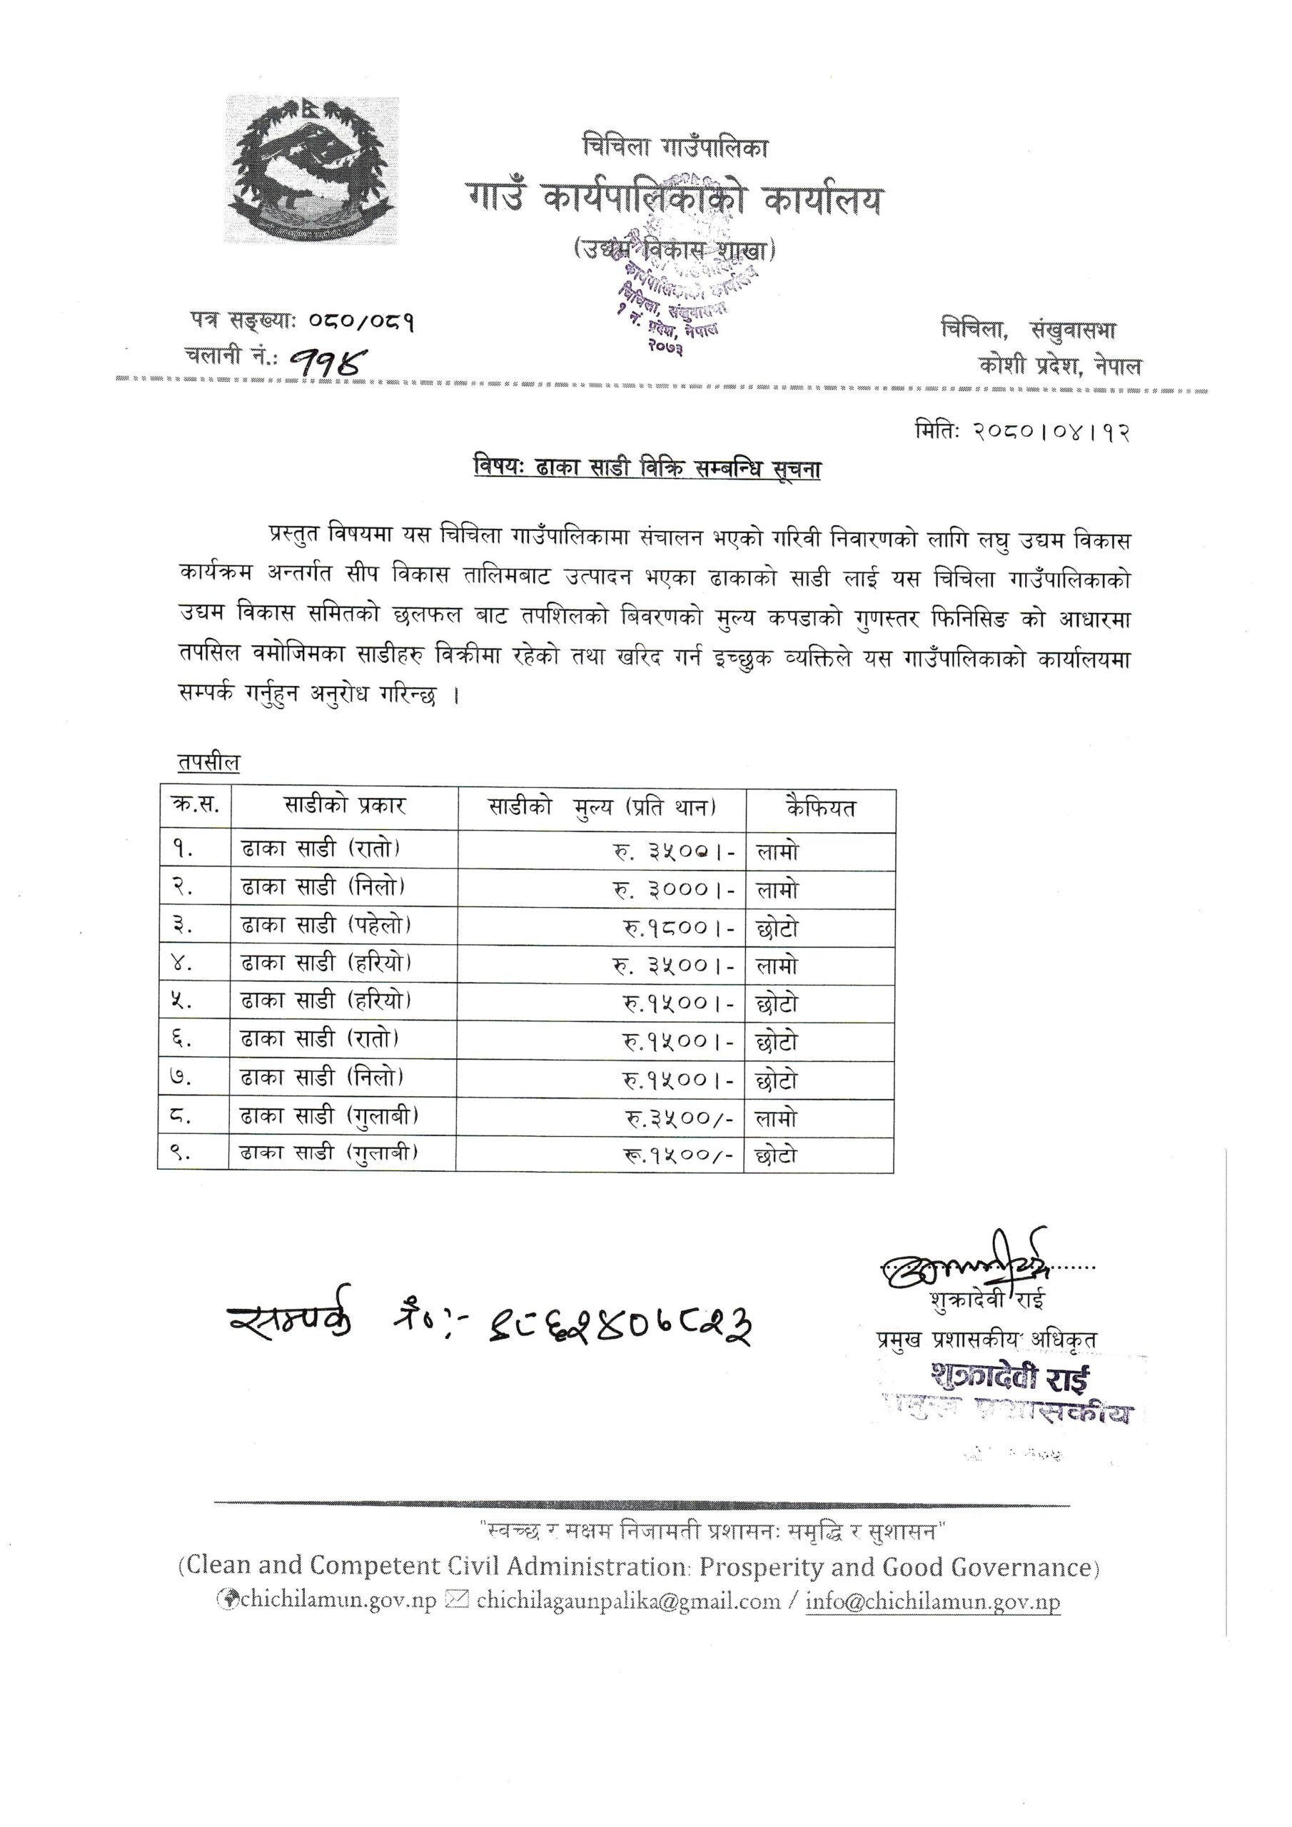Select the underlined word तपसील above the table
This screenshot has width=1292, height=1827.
pyautogui.click(x=208, y=762)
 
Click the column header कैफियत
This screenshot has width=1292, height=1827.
pyautogui.click(x=820, y=808)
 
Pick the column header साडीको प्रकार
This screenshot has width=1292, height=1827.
pyautogui.click(x=344, y=806)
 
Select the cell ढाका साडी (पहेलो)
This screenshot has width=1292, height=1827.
pyautogui.click(x=326, y=925)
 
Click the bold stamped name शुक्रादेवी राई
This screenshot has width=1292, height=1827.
pyautogui.click(x=1011, y=1379)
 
